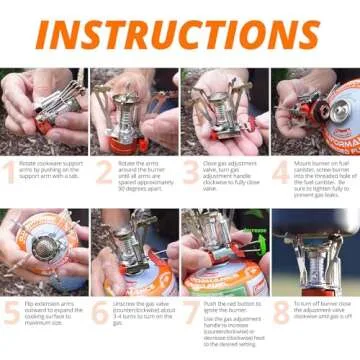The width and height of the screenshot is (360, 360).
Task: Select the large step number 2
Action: (x=103, y=173)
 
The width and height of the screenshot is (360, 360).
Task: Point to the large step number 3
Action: (x=192, y=173)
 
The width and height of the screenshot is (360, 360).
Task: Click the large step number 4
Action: (x=282, y=173)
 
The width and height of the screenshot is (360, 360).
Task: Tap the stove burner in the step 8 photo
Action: (x=318, y=250)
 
